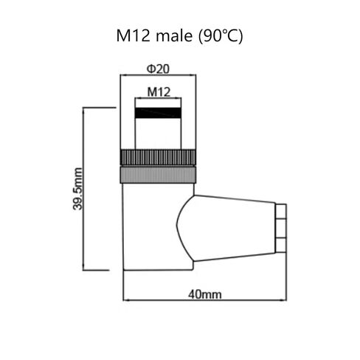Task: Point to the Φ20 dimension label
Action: (x=158, y=68)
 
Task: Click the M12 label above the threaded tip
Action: (x=158, y=92)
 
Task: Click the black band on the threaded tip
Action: (x=158, y=114)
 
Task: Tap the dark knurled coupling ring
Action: (x=158, y=157)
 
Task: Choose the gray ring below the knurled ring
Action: (x=158, y=174)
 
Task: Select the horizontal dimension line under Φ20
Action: (x=158, y=76)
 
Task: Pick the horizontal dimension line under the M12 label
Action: (x=158, y=100)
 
